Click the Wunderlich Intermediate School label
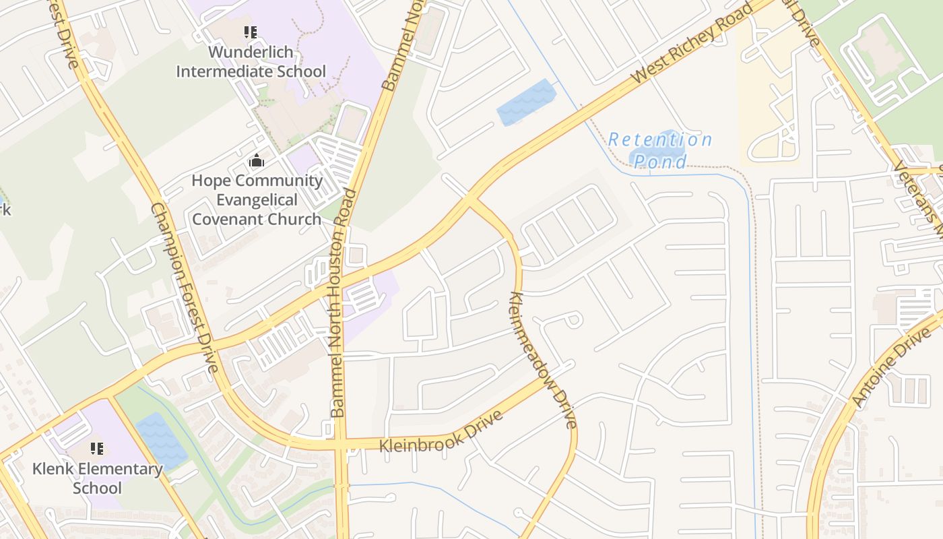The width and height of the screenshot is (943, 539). tap(251, 61)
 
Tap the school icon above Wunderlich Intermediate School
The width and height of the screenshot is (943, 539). tap(251, 32)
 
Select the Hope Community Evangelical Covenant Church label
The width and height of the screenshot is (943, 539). tap(257, 199)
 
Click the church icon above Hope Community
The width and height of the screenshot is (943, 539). tap(257, 161)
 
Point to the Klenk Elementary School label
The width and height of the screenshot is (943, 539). tap(97, 478)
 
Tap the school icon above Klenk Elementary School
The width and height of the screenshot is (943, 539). tap(97, 448)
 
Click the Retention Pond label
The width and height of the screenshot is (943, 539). tap(659, 150)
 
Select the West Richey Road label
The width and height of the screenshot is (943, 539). tap(692, 45)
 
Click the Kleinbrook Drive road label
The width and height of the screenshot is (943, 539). tap(441, 433)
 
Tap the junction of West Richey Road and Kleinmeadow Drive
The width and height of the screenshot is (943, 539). tap(469, 199)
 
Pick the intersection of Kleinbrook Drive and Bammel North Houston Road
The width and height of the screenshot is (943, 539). tap(341, 445)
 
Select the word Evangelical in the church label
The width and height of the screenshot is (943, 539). tap(257, 200)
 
